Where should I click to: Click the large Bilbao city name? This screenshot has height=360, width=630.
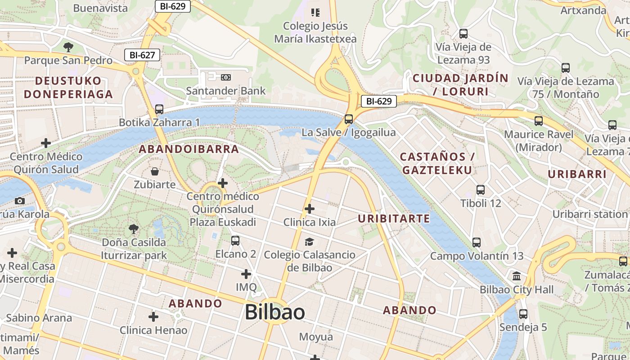pyautogui.click(x=274, y=312)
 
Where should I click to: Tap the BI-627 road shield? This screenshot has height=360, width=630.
pyautogui.click(x=142, y=55)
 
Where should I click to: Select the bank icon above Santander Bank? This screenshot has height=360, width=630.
pyautogui.click(x=226, y=77)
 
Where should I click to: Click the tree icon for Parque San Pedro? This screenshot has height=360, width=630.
pyautogui.click(x=68, y=46)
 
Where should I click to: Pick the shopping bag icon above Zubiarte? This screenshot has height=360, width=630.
pyautogui.click(x=155, y=171)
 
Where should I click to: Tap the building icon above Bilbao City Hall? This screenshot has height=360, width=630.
pyautogui.click(x=517, y=276)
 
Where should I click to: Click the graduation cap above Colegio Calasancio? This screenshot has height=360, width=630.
pyautogui.click(x=309, y=242)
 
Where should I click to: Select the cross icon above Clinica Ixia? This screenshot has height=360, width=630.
pyautogui.click(x=309, y=209)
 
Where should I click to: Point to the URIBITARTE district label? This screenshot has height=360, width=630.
pyautogui.click(x=394, y=219)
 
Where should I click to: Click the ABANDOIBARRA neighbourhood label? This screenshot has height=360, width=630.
pyautogui.click(x=189, y=149)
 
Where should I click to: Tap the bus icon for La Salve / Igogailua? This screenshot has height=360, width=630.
pyautogui.click(x=349, y=119)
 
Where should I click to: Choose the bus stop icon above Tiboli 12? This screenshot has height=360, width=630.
pyautogui.click(x=481, y=190)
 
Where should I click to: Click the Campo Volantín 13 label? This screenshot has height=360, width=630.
pyautogui.click(x=477, y=256)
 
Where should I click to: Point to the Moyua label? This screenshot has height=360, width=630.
pyautogui.click(x=316, y=337)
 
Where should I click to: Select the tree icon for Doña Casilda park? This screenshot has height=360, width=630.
pyautogui.click(x=134, y=229)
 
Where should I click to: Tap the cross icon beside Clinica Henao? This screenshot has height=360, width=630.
pyautogui.click(x=153, y=317)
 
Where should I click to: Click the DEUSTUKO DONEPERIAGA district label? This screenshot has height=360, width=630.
pyautogui.click(x=68, y=88)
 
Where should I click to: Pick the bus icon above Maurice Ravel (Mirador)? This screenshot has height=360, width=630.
pyautogui.click(x=539, y=121)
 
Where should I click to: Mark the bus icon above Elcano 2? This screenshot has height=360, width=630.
pyautogui.click(x=235, y=241)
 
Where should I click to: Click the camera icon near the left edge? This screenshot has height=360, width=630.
pyautogui.click(x=19, y=201)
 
